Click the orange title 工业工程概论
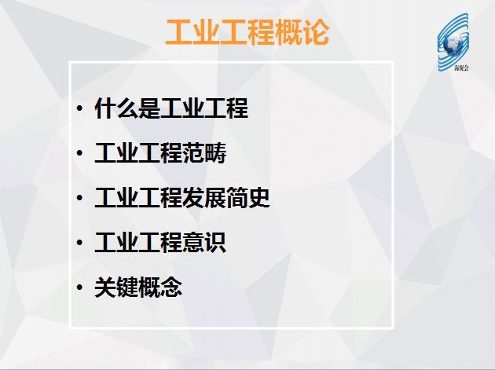click(247, 32)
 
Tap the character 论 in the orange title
click(317, 32)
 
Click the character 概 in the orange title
click(289, 32)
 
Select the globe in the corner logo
click(452, 44)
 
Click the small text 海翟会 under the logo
click(462, 68)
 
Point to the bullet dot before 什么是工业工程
click(79, 108)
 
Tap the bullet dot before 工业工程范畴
click(79, 153)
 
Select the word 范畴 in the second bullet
click(204, 153)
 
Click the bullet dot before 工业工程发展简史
click(79, 198)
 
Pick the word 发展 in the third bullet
click(204, 198)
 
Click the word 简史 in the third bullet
click(248, 198)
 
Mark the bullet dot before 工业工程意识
click(79, 243)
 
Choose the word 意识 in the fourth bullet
click(204, 243)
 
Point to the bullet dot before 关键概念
click(79, 288)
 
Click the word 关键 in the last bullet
click(116, 288)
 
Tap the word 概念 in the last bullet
click(160, 288)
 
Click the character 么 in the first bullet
click(127, 108)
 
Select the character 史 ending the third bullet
click(259, 198)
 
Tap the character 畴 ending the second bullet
click(215, 153)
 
